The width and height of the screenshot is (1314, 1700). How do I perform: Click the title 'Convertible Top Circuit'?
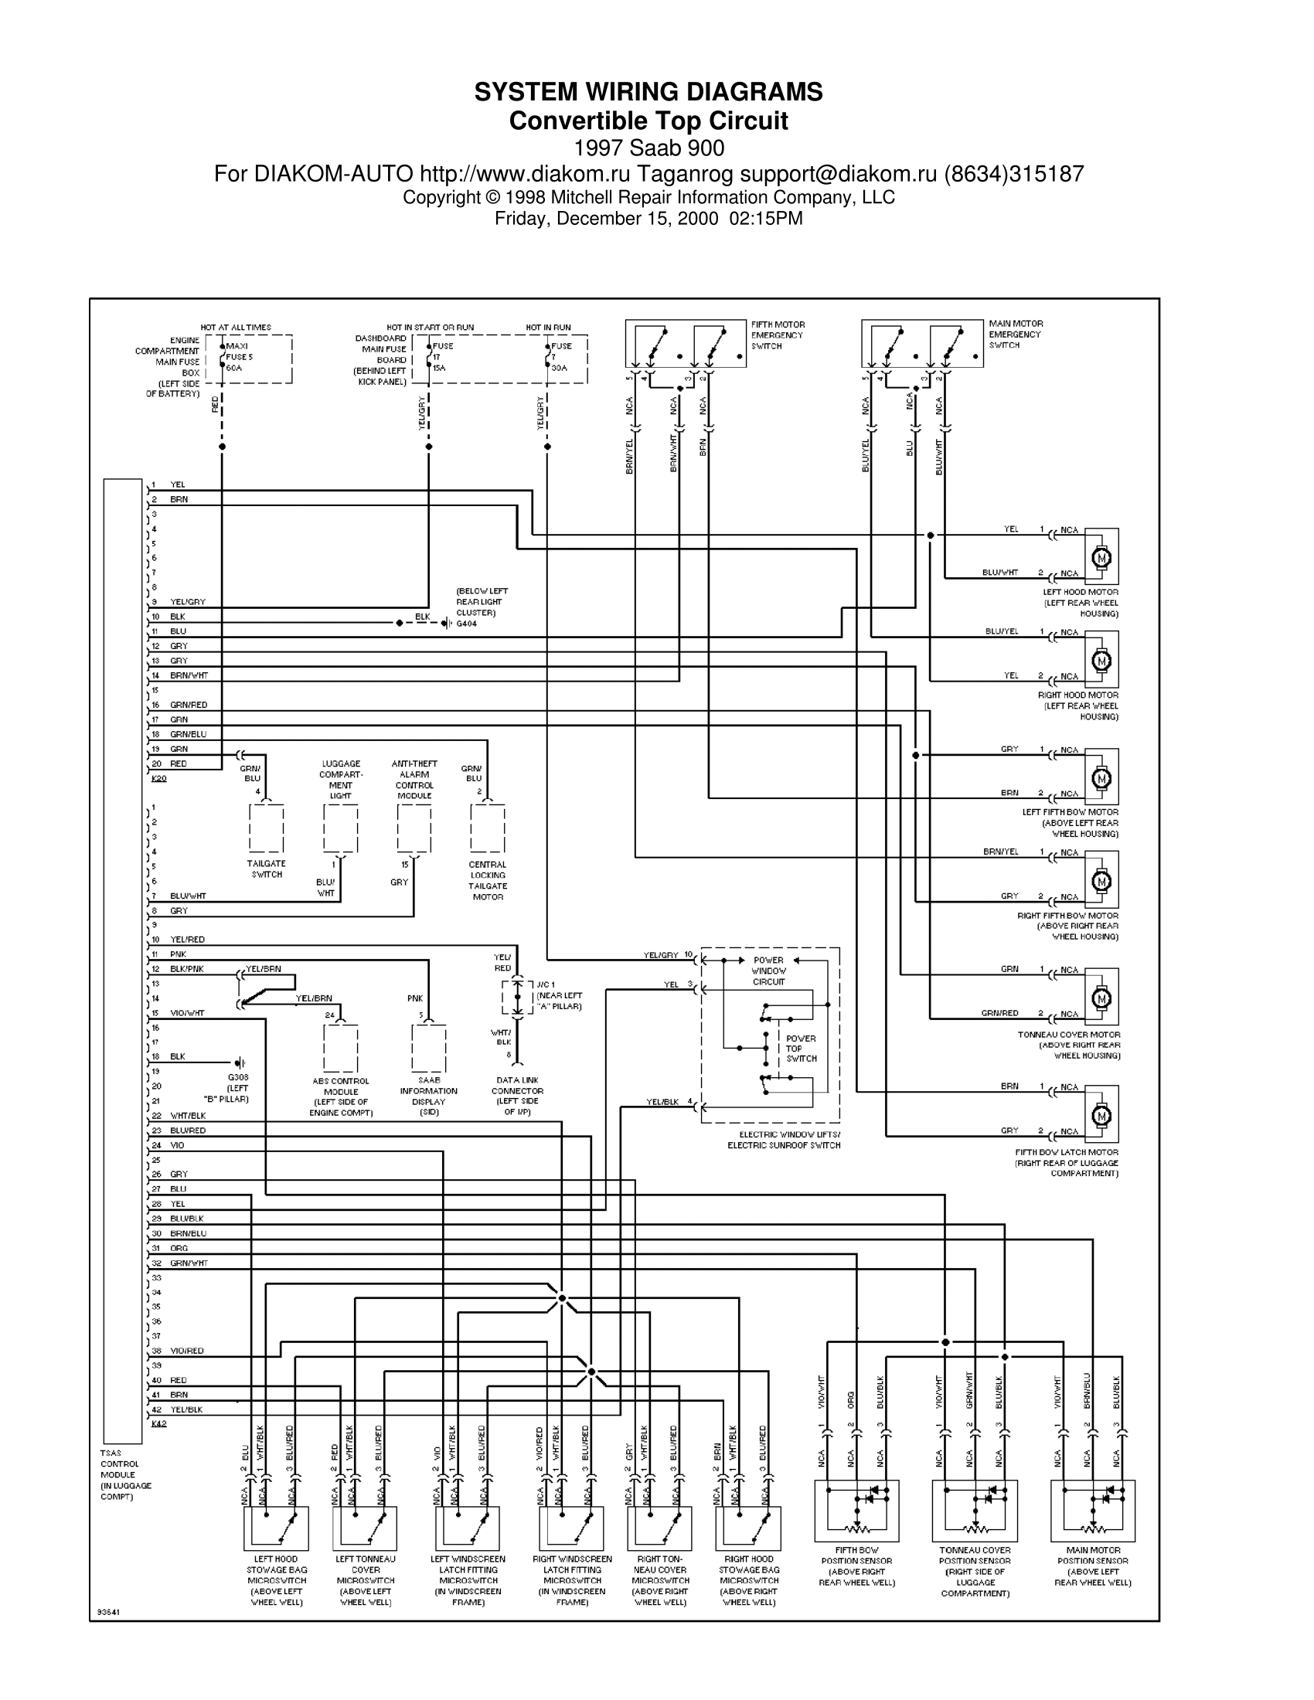tap(648, 121)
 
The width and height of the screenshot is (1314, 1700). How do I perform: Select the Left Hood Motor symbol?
tap(1101, 557)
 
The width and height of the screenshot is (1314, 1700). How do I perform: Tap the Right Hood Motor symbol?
tap(1101, 661)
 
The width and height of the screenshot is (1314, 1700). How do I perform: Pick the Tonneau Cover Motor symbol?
tap(1101, 998)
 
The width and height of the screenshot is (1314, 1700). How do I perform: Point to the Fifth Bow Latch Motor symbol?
tap(1101, 1115)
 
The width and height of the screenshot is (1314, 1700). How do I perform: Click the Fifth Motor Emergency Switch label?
tap(778, 335)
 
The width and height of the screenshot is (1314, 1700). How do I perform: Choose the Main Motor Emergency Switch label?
tap(1015, 335)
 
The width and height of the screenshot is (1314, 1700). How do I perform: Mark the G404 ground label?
tap(466, 624)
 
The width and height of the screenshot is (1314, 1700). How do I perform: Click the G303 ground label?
tap(237, 1077)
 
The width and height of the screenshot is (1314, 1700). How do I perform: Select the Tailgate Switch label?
tap(266, 869)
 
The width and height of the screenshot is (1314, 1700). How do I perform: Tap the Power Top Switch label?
tap(801, 1049)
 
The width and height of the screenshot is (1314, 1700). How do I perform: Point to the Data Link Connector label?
tap(517, 1090)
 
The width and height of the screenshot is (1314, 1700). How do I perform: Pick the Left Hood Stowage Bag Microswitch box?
tap(277, 1528)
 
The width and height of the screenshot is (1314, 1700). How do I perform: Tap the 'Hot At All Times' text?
tap(236, 328)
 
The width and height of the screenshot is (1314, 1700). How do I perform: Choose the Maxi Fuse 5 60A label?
tap(239, 357)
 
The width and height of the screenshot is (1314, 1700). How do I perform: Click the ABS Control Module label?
tap(341, 1096)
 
